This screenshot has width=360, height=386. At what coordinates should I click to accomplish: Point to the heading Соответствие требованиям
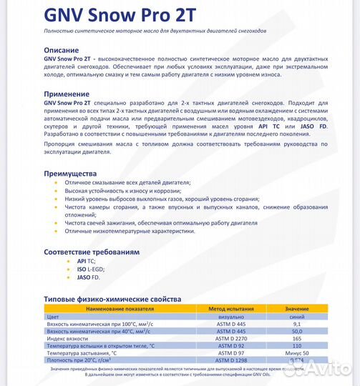92,252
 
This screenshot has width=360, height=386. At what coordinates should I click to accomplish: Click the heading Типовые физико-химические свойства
112,299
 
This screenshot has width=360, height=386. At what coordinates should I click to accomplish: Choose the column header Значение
296,307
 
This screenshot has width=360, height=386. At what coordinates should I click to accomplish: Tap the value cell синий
296,315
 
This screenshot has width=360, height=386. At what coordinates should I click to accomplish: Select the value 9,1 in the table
296,323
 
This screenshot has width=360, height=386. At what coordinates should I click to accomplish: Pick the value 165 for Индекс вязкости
296,338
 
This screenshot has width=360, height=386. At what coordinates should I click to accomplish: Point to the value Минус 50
296,353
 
